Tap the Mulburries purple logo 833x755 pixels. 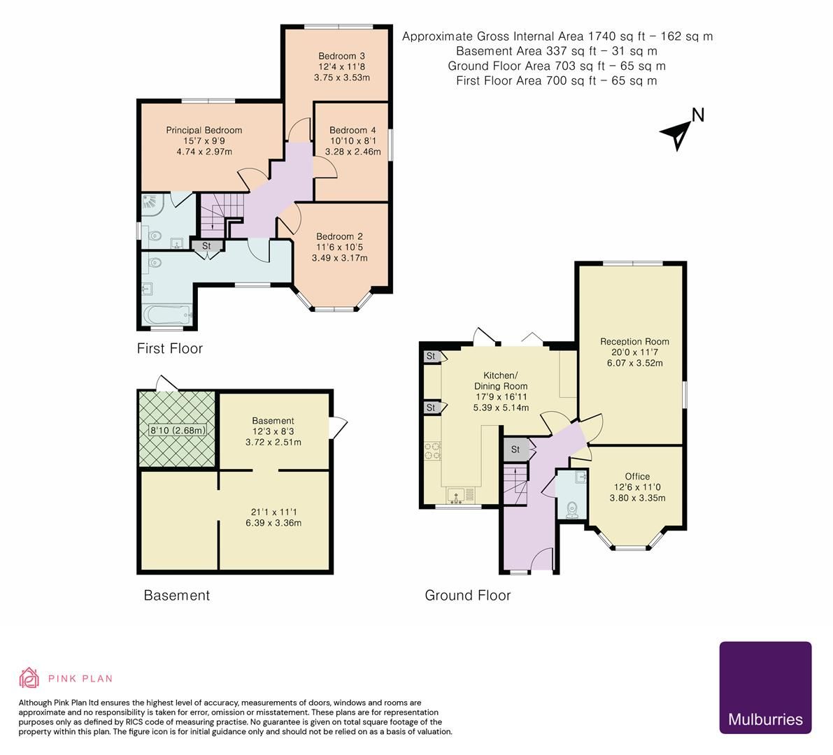click(x=765, y=687)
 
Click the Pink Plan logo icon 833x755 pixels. click(x=29, y=677)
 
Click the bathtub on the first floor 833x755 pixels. click(x=166, y=315)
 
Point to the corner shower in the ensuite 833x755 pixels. click(x=152, y=204)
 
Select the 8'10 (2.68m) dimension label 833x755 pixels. click(x=178, y=430)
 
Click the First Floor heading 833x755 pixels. click(x=169, y=348)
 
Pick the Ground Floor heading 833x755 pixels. click(x=467, y=596)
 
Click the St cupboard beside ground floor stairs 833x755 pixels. click(x=515, y=450)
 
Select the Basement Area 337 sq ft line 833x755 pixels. click(x=556, y=51)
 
